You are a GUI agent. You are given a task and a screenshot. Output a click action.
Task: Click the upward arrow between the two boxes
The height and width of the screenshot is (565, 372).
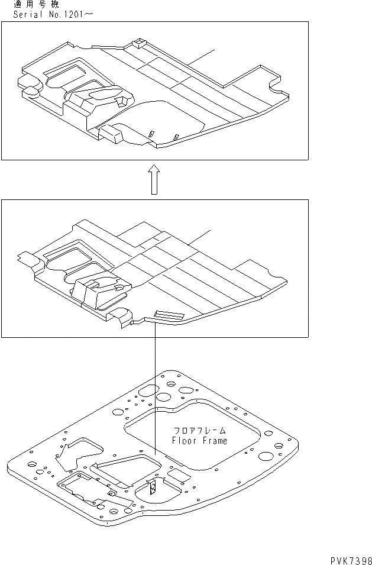pos(153,179)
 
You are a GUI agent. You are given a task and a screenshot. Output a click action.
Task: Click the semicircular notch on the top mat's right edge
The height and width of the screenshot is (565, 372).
pos(276,91)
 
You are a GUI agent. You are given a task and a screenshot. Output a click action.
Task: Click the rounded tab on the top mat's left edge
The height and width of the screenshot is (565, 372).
pos(28,85)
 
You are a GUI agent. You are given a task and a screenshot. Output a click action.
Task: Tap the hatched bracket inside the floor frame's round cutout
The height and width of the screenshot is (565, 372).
pos(151,488)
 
